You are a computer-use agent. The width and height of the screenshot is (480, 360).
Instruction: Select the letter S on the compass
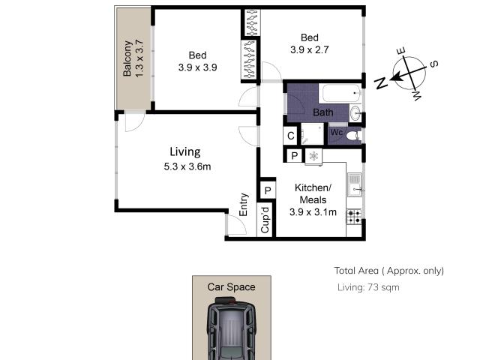point(433,64)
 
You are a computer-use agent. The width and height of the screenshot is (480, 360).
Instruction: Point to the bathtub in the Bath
point(340,94)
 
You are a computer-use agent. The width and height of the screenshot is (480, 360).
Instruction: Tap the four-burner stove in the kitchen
point(354,216)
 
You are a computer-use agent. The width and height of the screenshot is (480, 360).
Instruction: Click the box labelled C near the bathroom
point(290,136)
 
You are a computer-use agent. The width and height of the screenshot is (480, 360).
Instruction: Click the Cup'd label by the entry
point(264,219)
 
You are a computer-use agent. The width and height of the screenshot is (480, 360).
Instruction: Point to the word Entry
point(244,205)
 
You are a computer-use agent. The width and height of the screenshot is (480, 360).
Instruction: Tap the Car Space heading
point(232,286)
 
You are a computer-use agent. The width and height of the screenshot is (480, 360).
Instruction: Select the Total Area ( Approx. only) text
point(388,271)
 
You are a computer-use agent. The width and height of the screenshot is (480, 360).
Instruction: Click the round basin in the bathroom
point(355,114)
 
